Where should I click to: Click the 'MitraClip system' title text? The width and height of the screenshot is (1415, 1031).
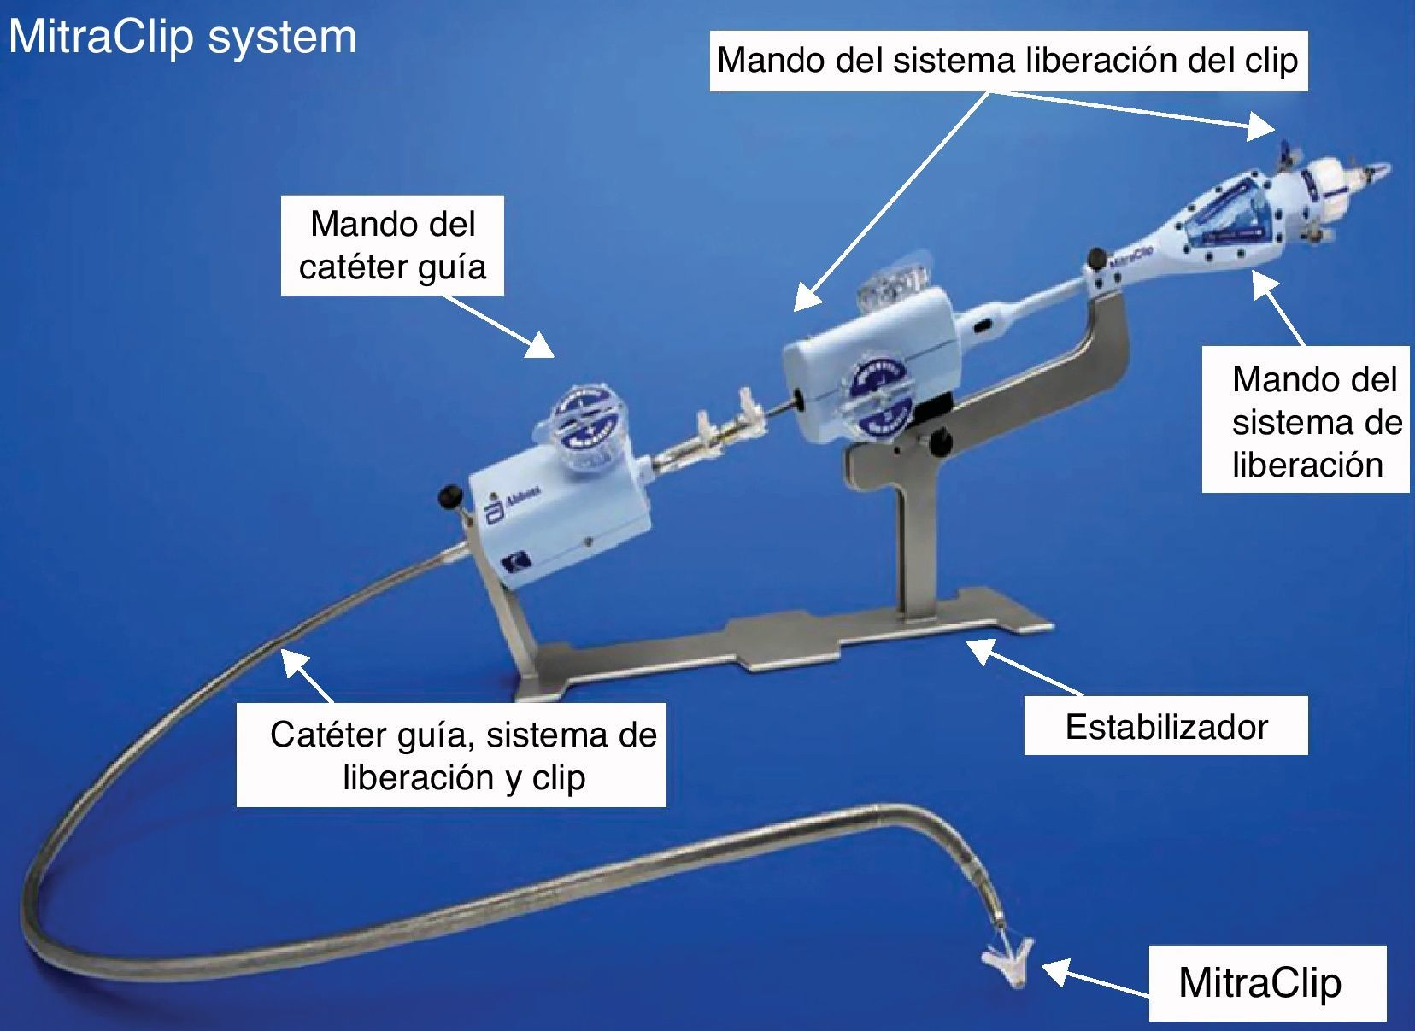(182, 37)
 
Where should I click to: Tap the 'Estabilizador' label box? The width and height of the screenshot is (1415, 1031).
(1165, 726)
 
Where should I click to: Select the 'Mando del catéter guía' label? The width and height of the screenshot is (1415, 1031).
(392, 246)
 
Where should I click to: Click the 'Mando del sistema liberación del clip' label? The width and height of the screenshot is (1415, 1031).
(1007, 60)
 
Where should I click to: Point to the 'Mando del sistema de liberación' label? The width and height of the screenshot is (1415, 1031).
(1306, 420)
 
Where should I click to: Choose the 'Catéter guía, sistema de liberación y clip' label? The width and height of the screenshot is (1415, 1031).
(451, 755)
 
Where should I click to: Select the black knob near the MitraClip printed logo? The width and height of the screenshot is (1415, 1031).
(1095, 255)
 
